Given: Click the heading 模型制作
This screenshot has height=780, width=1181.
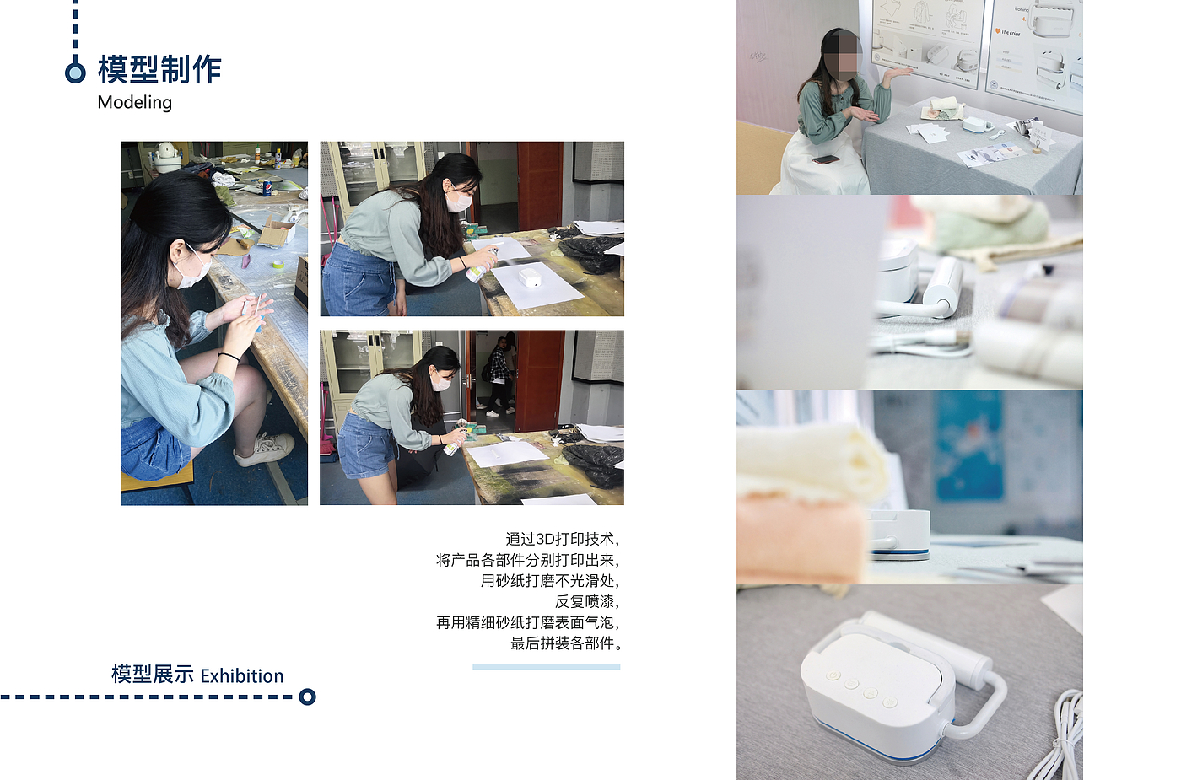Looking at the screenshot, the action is pos(159,69).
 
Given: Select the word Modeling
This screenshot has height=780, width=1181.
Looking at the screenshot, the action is pos(134,102).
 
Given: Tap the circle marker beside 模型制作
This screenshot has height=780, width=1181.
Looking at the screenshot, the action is pos(75,73).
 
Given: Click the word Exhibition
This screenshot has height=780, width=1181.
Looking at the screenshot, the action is pos(242,675).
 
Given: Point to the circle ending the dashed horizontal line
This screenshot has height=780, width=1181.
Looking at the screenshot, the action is pos(307,697).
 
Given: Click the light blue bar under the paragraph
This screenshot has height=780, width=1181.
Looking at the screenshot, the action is pos(547,667).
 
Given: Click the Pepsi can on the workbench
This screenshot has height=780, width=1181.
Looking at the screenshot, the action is pos(267,187).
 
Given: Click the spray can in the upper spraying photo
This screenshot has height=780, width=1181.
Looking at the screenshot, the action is pos(482,266).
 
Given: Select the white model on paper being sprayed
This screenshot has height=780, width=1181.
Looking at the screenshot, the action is pos(530,277).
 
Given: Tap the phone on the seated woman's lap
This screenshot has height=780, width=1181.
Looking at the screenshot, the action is pos(825,159).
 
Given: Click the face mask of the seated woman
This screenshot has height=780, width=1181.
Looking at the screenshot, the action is pos(196,271).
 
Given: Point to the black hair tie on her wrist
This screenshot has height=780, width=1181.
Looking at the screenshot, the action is pos(229,356).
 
